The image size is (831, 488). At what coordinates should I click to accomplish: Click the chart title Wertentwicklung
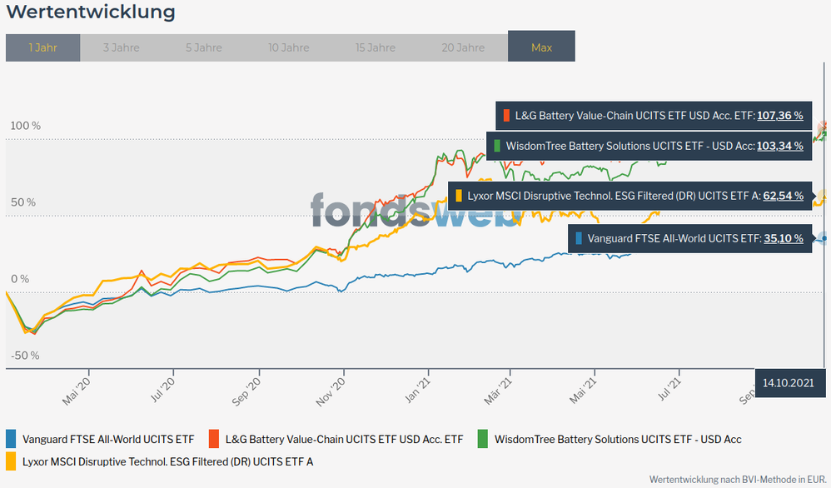point(91,12)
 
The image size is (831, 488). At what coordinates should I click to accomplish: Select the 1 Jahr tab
point(42,47)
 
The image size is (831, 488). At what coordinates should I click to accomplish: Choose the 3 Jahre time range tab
point(122,47)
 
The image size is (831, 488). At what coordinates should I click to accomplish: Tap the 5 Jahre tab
point(204,47)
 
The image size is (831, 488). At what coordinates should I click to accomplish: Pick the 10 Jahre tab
point(289,47)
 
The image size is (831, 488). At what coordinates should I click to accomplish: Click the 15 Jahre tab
point(376,47)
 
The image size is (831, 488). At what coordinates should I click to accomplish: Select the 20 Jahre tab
point(463,47)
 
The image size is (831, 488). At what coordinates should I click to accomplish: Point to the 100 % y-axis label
point(25,126)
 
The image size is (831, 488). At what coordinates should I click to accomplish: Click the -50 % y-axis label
point(24,356)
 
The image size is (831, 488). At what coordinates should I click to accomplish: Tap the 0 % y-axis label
point(19,279)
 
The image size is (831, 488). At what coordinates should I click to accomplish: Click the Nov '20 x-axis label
point(331,389)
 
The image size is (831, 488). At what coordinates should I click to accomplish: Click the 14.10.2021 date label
point(788,382)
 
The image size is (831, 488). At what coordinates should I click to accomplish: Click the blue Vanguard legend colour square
point(12,438)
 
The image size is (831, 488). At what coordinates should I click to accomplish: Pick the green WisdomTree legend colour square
point(483,438)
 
